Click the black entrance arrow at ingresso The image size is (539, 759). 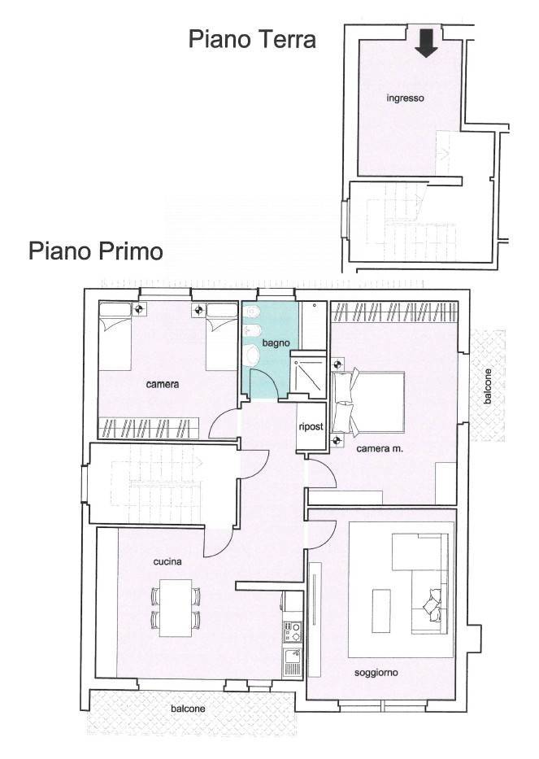425,43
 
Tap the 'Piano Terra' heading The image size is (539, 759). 252,39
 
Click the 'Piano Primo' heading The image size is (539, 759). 96,250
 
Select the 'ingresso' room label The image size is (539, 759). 405,98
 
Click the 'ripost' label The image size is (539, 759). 311,426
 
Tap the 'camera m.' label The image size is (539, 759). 380,447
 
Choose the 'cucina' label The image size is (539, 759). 167,561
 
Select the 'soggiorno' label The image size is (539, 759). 376,672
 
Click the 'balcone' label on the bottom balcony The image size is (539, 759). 188,709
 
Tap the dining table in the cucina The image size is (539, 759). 176,608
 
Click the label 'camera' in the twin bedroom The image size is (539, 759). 163,384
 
